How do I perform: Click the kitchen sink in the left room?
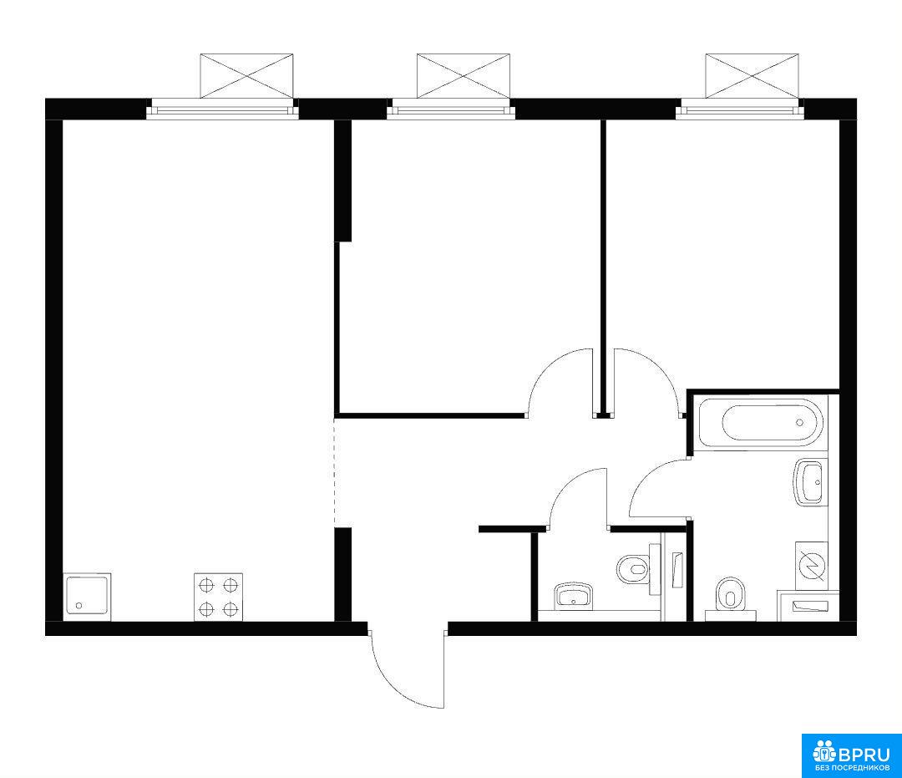pos(88,597)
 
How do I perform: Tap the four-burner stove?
pos(218,597)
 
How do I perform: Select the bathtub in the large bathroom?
pos(762,423)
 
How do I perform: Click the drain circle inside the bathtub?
pos(799,422)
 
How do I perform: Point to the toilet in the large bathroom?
pos(729,598)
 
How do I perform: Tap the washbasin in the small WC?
pos(573,596)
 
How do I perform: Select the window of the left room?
pos(223,109)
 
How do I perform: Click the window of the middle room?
pos(451,109)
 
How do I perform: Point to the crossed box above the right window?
pos(752,76)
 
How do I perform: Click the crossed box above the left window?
pos(246,76)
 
